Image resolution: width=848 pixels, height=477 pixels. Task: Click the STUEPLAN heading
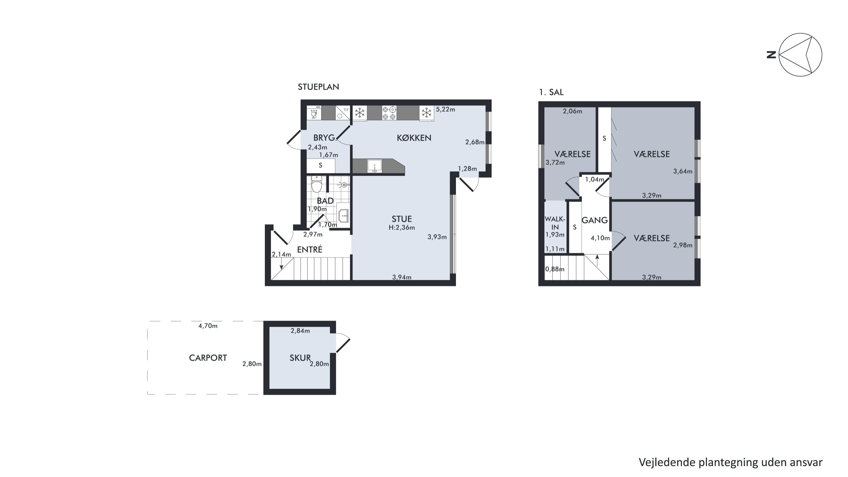[x=318, y=87]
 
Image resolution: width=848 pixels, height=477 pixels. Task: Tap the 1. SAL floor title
[x=551, y=92]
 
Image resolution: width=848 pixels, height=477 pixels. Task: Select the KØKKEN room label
[x=414, y=138]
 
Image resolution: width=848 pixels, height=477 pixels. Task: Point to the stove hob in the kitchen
[x=389, y=113]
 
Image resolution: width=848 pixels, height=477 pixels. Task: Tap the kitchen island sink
[x=375, y=166]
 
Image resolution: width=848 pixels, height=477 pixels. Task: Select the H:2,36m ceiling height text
[x=402, y=227]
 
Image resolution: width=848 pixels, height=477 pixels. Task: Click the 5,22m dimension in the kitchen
[x=445, y=109]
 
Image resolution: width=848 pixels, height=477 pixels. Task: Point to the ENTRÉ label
[x=310, y=250]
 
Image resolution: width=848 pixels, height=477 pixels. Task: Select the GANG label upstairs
[x=594, y=220]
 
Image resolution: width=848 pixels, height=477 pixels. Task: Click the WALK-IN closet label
[x=555, y=223]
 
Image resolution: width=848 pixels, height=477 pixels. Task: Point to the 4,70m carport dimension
[x=208, y=326]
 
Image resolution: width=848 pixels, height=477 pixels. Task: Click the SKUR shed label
[x=300, y=358]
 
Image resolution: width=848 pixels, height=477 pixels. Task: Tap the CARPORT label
[x=208, y=358]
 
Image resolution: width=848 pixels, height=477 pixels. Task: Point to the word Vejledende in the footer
[x=667, y=463]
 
